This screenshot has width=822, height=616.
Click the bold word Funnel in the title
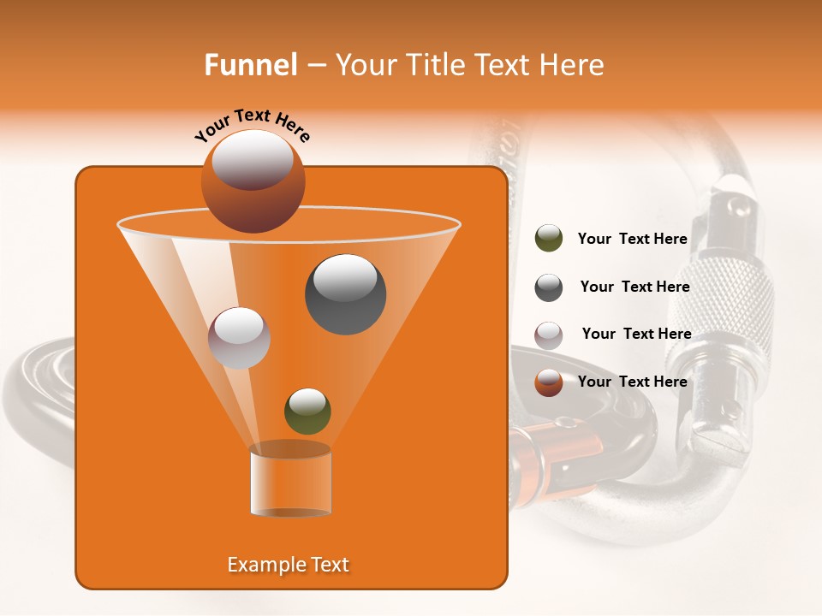coord(250,65)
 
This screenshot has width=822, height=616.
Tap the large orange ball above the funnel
coord(253,181)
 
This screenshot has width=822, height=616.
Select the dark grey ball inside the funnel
coord(345,294)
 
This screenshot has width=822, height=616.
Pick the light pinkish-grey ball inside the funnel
coord(239,337)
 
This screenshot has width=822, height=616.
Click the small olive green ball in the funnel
coord(307,412)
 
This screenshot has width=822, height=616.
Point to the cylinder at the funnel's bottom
coord(290,480)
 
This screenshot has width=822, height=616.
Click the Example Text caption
coord(288,565)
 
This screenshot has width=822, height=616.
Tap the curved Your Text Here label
coord(253,125)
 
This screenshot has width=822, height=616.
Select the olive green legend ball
coord(549,239)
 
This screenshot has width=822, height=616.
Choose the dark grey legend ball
coord(549,287)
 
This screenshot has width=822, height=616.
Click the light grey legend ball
coord(549,335)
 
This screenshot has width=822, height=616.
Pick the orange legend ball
coord(549,382)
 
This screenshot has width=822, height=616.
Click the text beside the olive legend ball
coord(632,239)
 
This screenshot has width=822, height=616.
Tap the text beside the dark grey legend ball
coord(634,287)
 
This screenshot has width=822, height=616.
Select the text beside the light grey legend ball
coord(636,334)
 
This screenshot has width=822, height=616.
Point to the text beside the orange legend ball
coord(632,382)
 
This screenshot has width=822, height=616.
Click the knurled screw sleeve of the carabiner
coord(728,299)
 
